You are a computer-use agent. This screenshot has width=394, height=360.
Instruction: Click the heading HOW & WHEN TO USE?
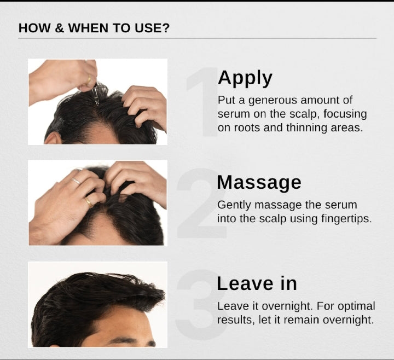click(94, 28)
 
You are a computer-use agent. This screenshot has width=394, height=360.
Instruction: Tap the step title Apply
click(245, 78)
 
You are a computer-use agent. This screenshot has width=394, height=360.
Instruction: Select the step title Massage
click(259, 182)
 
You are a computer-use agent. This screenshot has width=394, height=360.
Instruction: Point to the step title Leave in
click(257, 283)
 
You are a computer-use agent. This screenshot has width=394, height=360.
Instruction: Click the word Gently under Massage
click(233, 205)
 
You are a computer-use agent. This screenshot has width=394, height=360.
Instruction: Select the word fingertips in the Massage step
click(346, 218)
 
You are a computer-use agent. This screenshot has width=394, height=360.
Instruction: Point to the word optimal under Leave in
click(355, 306)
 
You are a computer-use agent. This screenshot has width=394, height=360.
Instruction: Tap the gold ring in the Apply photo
click(89, 80)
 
